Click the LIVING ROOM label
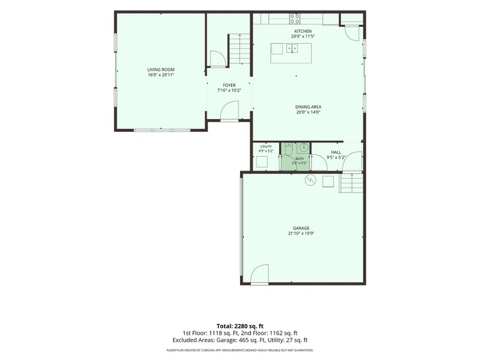161,70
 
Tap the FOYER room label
229,85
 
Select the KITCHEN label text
303,31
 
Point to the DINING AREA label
308,107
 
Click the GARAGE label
301,228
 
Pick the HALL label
336,152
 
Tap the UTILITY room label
266,146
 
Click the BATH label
300,158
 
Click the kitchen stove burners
295,19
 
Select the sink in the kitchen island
292,48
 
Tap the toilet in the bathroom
288,149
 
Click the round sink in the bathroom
303,147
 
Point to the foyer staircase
239,49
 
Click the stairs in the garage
351,183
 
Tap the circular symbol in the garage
310,180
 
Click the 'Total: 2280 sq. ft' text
240,326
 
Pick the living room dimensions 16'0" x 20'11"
161,75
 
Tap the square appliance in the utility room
262,162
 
